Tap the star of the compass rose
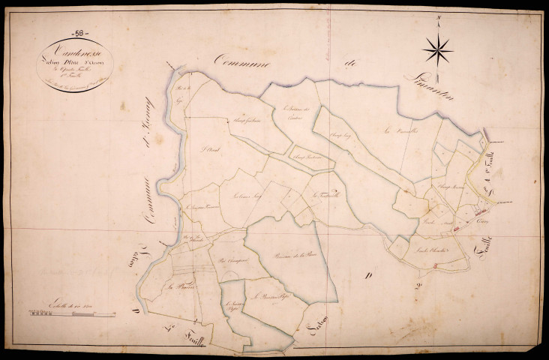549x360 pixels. click(x=437, y=50)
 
